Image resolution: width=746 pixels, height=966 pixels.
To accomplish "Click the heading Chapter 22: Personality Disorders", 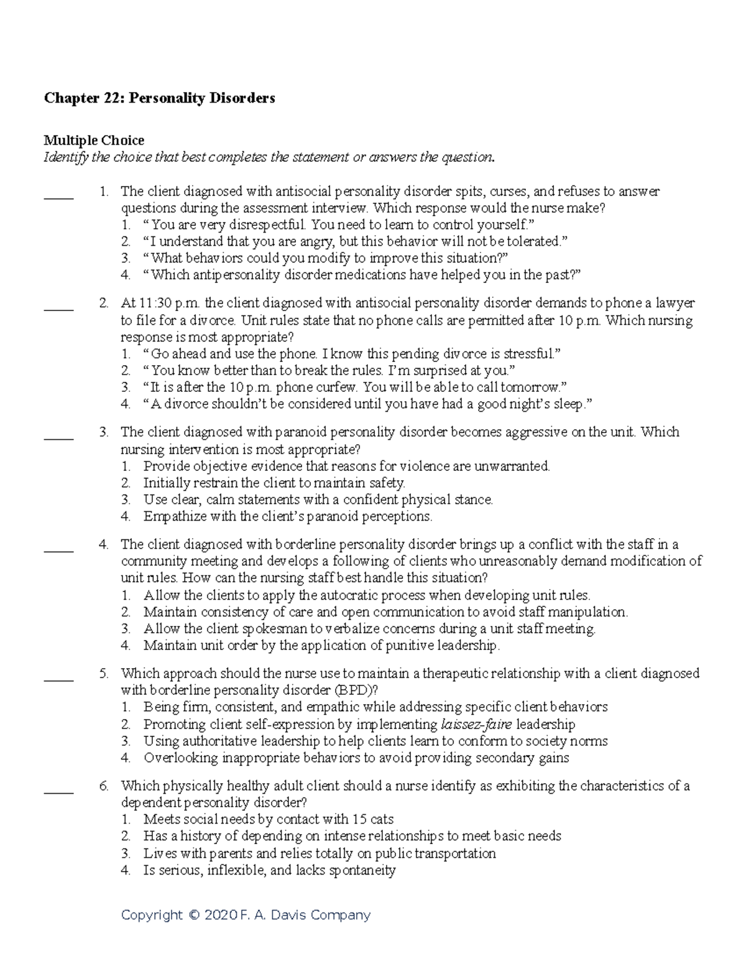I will point(159,98).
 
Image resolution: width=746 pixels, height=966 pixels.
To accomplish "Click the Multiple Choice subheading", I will point(93,141).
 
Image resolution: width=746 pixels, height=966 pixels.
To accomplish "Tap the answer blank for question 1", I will point(59,197).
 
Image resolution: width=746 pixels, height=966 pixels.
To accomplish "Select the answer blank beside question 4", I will point(59,550).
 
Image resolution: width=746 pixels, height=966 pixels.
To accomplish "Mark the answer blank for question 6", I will point(59,791).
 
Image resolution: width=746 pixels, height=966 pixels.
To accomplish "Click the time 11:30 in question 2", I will point(153,304).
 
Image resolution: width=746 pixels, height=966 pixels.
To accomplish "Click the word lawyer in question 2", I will point(675,304).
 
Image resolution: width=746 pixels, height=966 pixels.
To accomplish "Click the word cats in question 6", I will point(381,820).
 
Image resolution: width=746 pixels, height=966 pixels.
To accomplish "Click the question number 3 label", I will point(104,432).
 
